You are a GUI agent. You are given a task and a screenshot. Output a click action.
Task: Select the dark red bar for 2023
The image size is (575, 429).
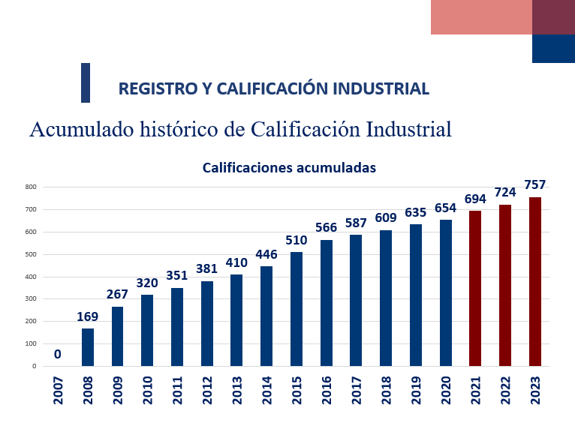(534, 281)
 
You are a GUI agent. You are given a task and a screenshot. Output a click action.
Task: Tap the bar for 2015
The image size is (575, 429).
(297, 309)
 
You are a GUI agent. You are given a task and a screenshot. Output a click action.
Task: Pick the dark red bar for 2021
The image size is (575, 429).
(475, 288)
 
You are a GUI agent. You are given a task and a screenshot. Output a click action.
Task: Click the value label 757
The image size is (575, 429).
(534, 184)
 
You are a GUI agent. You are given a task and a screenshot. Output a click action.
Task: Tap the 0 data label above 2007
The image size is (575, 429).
(57, 354)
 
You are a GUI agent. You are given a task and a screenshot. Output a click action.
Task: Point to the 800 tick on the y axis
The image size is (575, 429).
(30, 187)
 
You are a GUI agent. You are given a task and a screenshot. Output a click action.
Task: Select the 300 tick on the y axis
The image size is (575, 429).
(30, 298)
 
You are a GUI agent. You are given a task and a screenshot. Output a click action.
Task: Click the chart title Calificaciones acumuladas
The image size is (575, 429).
(289, 168)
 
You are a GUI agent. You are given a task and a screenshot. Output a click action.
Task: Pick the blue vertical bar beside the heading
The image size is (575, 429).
(86, 82)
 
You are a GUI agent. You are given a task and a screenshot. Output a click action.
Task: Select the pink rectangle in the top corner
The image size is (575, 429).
(481, 17)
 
